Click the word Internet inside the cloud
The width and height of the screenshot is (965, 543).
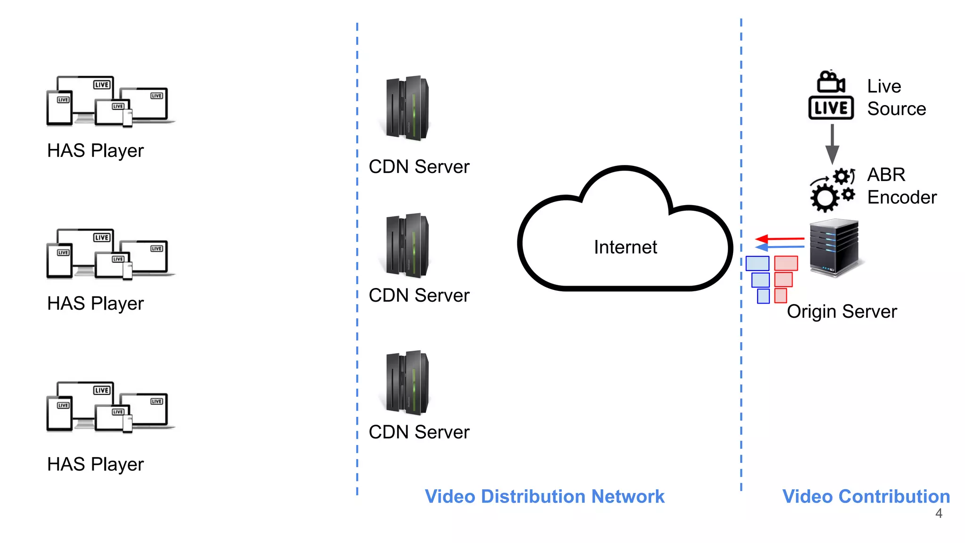pyautogui.click(x=625, y=247)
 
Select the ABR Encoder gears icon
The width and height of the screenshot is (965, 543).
pyautogui.click(x=832, y=189)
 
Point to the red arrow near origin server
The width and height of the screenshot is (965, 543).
pyautogui.click(x=780, y=239)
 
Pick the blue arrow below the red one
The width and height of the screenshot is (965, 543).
pyautogui.click(x=780, y=247)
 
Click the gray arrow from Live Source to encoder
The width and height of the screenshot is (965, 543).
pyautogui.click(x=832, y=144)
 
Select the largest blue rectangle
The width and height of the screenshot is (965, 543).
pyautogui.click(x=757, y=263)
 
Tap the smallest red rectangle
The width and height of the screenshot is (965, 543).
pyautogui.click(x=780, y=296)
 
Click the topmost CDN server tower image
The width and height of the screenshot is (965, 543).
pyautogui.click(x=407, y=108)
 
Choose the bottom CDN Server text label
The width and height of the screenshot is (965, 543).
pyautogui.click(x=419, y=432)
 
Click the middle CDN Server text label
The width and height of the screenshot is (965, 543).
pyautogui.click(x=419, y=296)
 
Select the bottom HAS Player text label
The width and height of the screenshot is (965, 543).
pyautogui.click(x=95, y=464)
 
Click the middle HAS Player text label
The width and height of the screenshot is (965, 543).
pyautogui.click(x=95, y=304)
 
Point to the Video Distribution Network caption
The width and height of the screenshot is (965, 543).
pyautogui.click(x=544, y=496)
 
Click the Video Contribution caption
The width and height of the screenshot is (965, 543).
pyautogui.click(x=866, y=496)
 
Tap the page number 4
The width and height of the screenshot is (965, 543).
pyautogui.click(x=939, y=513)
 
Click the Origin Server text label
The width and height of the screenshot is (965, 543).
pyautogui.click(x=842, y=312)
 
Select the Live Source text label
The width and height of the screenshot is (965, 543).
pyautogui.click(x=896, y=98)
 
